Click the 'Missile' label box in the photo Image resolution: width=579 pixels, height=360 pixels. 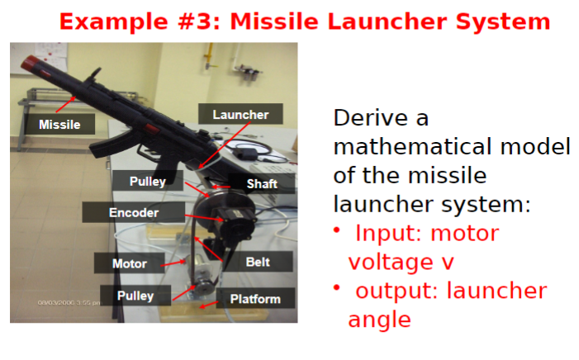tap(59, 125)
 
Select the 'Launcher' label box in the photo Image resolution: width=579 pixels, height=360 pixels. tap(240, 115)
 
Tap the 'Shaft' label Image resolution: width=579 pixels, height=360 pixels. tap(262, 183)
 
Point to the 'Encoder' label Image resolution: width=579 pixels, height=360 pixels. tap(133, 213)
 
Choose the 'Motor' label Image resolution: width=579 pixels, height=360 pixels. tap(130, 264)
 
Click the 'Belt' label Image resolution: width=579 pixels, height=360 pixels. tap(258, 263)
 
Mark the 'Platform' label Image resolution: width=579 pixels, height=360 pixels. tap(254, 299)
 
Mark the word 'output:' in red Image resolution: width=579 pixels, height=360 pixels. tap(403, 291)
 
